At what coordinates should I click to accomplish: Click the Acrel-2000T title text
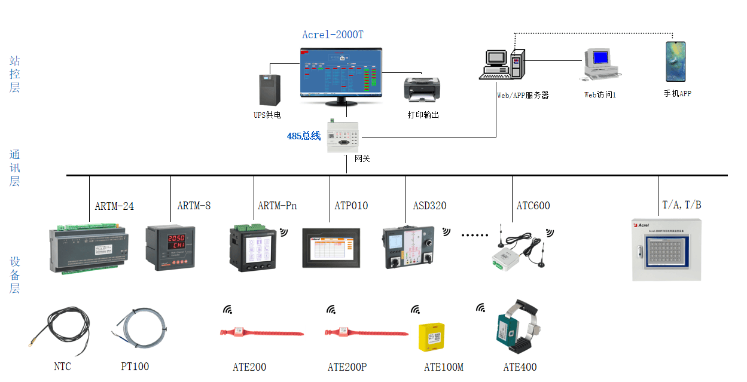(333, 35)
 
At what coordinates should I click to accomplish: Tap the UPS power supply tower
(268, 90)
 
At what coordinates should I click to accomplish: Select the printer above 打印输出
(422, 89)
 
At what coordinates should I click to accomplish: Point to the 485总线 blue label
(304, 136)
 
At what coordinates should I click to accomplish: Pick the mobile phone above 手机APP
(676, 62)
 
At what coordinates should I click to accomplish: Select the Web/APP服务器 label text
(523, 95)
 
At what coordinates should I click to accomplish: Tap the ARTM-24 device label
(114, 206)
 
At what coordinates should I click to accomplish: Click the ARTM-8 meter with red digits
(167, 247)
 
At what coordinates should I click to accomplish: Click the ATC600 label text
(533, 206)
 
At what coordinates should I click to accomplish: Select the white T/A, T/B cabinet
(667, 250)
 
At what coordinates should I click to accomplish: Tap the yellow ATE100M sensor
(431, 338)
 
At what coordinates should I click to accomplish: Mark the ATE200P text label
(347, 367)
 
